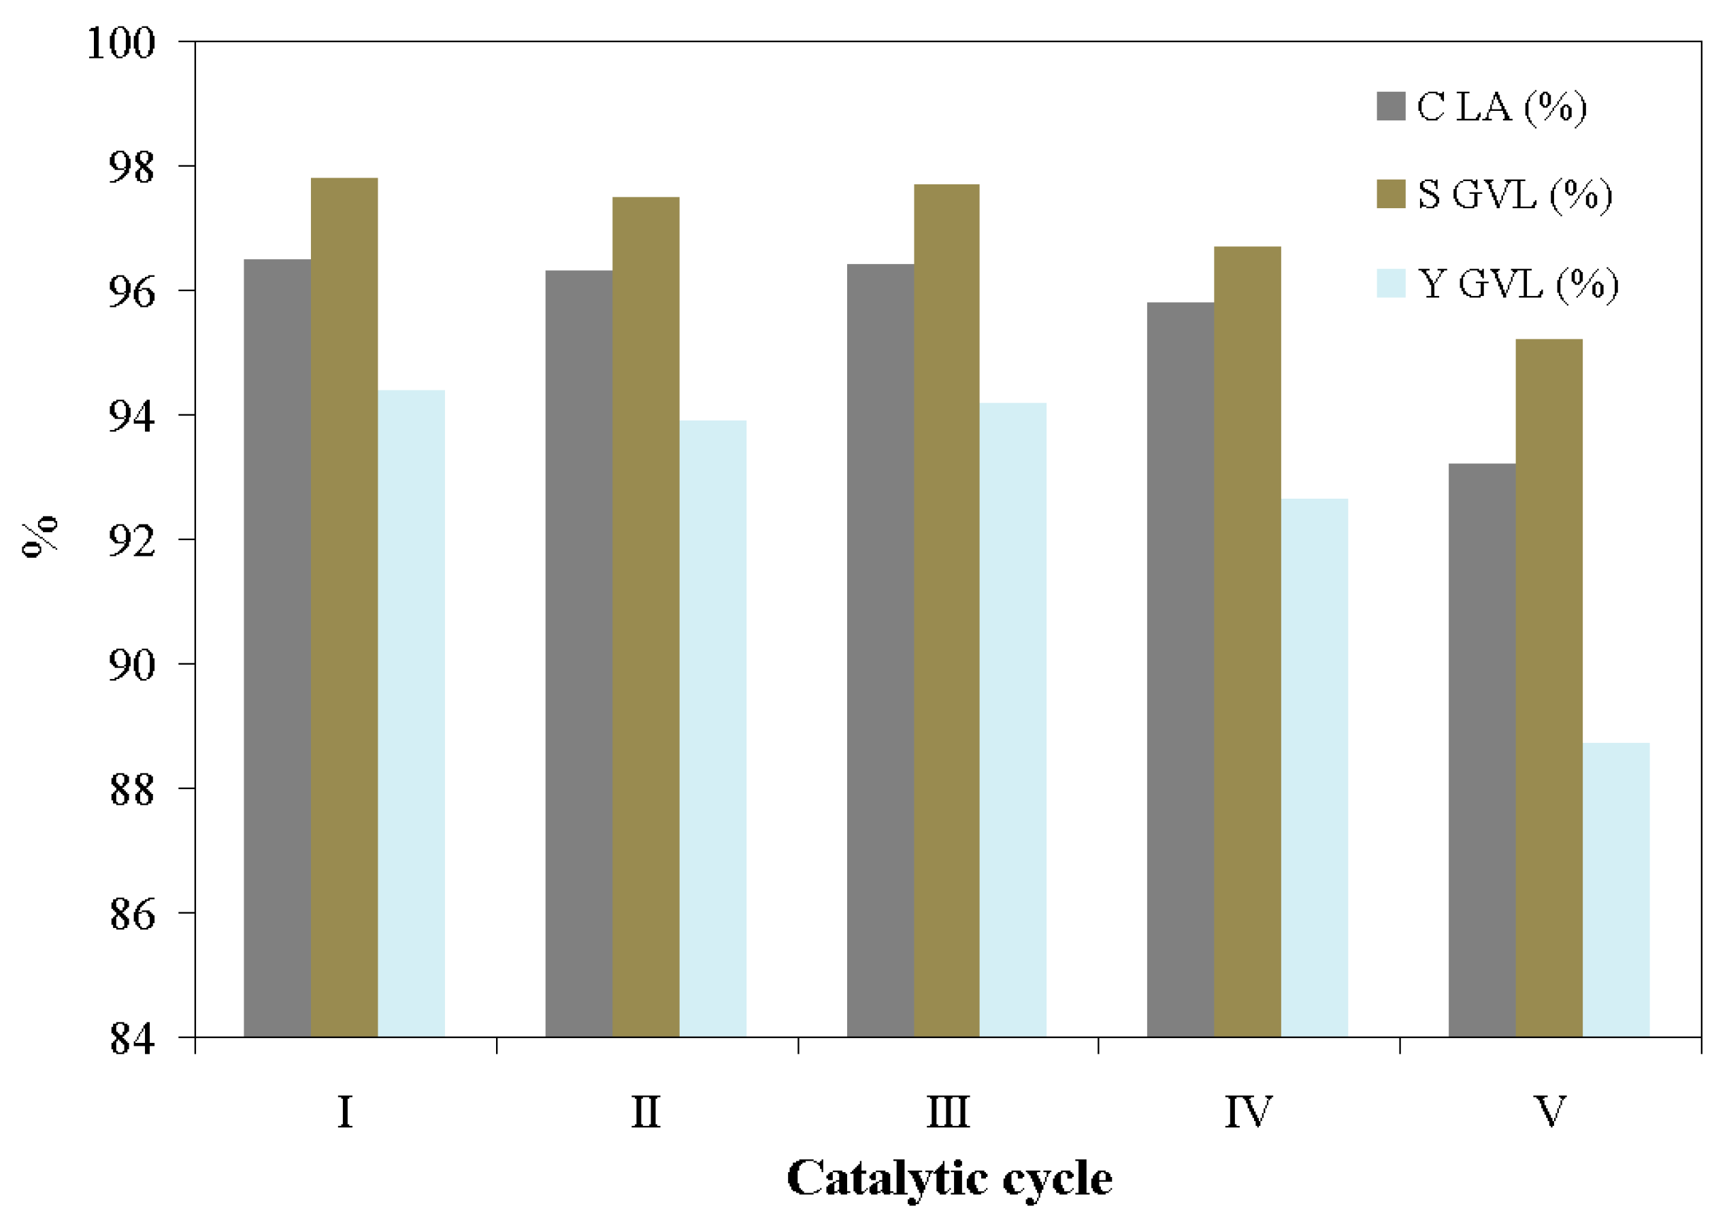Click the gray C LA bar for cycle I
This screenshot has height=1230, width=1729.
pyautogui.click(x=277, y=648)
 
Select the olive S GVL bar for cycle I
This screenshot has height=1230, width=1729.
pyautogui.click(x=344, y=606)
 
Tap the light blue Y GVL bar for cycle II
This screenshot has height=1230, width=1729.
pyautogui.click(x=712, y=727)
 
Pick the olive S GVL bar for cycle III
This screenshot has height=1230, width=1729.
pyautogui.click(x=946, y=610)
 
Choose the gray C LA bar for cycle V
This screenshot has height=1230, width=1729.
pyautogui.click(x=1481, y=750)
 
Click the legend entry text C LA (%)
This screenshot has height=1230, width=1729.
pyautogui.click(x=1501, y=107)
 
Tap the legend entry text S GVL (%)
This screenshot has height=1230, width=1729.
pyautogui.click(x=1514, y=195)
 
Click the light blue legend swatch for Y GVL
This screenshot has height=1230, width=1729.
pyautogui.click(x=1390, y=283)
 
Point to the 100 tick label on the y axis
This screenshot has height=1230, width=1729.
pyautogui.click(x=121, y=43)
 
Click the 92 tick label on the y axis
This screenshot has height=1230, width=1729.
pyautogui.click(x=131, y=541)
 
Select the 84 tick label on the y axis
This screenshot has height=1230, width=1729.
pyautogui.click(x=132, y=1039)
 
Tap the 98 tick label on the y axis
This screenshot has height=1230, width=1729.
pyautogui.click(x=131, y=167)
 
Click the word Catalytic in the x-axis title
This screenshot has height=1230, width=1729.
pyautogui.click(x=887, y=1178)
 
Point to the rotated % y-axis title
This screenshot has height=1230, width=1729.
pyautogui.click(x=39, y=535)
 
